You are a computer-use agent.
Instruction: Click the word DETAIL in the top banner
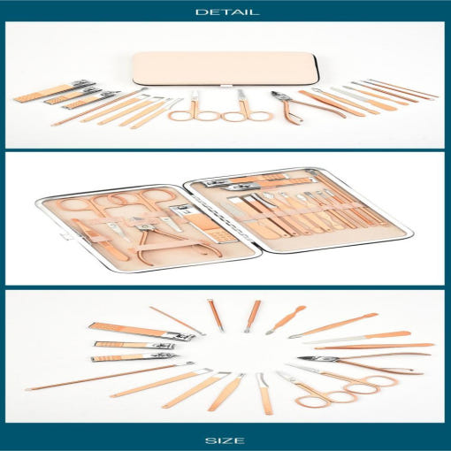[x=227, y=12]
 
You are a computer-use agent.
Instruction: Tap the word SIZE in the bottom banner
[x=225, y=440]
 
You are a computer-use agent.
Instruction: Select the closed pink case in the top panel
[x=225, y=69]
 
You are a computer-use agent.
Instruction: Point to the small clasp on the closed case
[x=226, y=86]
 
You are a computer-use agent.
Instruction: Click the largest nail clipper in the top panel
[x=55, y=91]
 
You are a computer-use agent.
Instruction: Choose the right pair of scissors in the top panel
[x=247, y=109]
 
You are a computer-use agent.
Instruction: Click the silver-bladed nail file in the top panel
[x=363, y=98]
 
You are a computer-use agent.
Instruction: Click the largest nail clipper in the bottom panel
[x=141, y=332]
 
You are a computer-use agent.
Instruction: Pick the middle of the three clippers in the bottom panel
[x=134, y=345]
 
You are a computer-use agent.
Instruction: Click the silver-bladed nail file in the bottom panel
[x=357, y=338]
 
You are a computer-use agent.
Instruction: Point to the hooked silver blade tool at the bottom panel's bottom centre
[x=264, y=394]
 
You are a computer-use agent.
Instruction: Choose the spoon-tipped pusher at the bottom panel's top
[x=286, y=320]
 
